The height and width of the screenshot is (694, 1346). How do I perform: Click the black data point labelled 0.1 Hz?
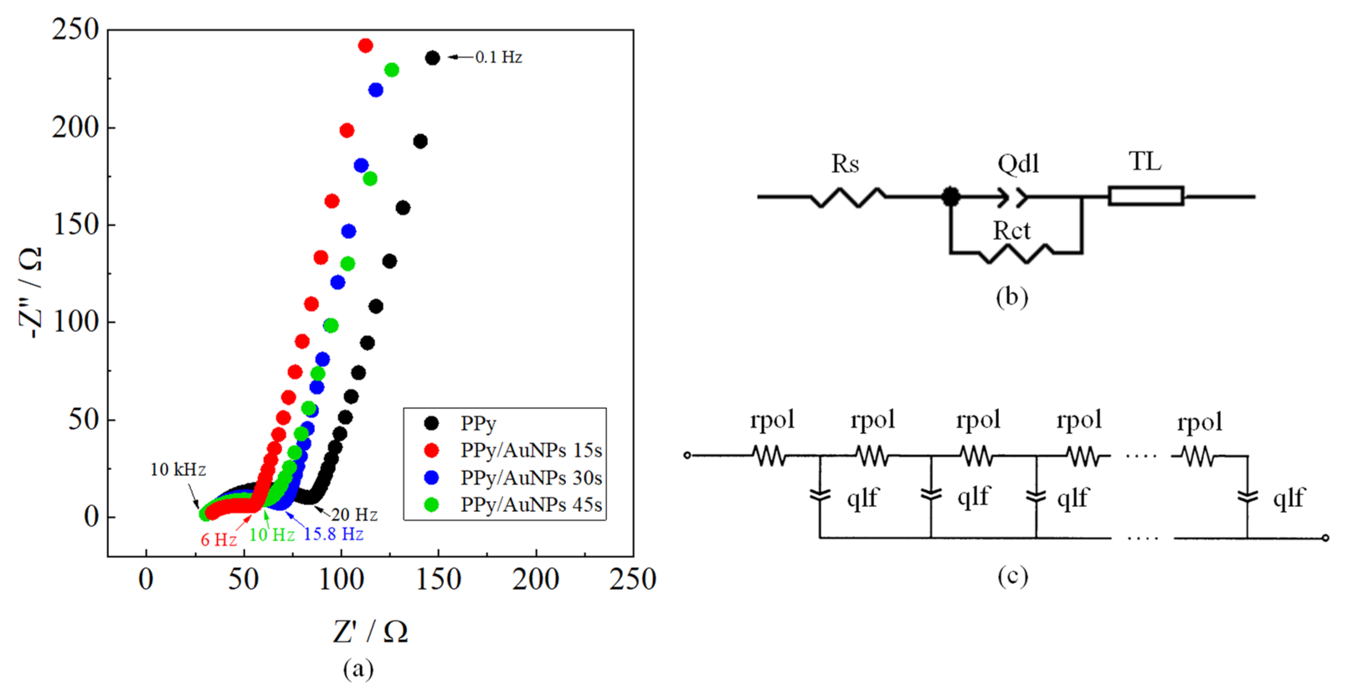pyautogui.click(x=432, y=58)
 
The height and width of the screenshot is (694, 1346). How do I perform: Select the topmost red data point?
pyautogui.click(x=365, y=46)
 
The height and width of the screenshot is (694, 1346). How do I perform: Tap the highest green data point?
pyautogui.click(x=391, y=70)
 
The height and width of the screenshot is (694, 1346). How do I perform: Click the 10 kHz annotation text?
pyautogui.click(x=177, y=470)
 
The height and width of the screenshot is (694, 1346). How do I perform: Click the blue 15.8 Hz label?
pyautogui.click(x=334, y=534)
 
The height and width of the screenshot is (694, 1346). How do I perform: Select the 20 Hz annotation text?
pyautogui.click(x=354, y=515)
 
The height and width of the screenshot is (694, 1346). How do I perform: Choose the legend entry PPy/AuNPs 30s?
pyautogui.click(x=531, y=478)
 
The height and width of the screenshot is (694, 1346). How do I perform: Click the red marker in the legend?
pyautogui.click(x=432, y=450)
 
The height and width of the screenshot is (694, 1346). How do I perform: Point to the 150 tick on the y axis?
pyautogui.click(x=76, y=225)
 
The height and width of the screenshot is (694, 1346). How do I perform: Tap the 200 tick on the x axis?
pyautogui.click(x=536, y=579)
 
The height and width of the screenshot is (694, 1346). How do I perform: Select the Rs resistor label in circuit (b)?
pyautogui.click(x=845, y=164)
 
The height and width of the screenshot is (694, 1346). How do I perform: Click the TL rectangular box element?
pyautogui.click(x=1146, y=196)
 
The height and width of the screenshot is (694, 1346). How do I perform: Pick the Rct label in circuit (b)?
pyautogui.click(x=1012, y=231)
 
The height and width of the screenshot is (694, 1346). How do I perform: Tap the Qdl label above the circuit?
pyautogui.click(x=1018, y=164)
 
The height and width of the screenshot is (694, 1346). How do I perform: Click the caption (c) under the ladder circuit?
pyautogui.click(x=1012, y=576)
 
